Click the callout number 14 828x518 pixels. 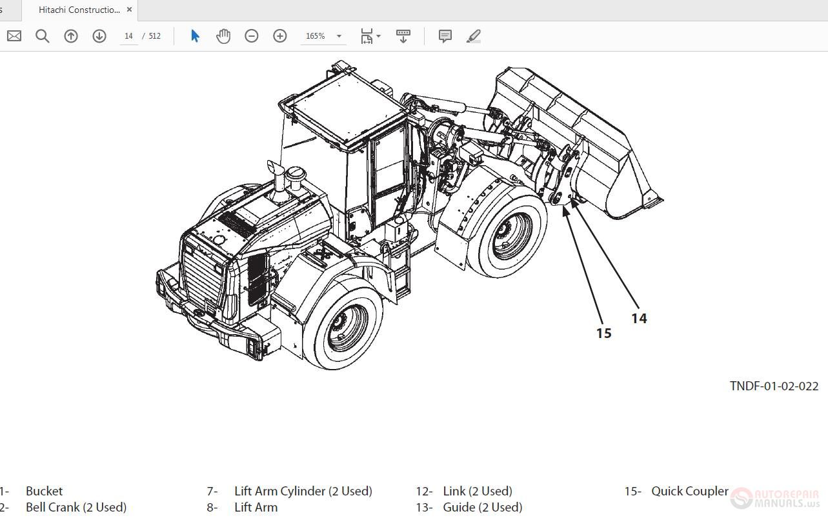click(x=639, y=318)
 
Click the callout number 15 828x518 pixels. click(x=603, y=333)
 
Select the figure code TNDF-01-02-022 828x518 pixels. click(x=774, y=386)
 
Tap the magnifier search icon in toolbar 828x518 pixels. click(x=43, y=36)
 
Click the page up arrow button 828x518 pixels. click(x=71, y=36)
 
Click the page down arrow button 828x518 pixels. click(x=99, y=36)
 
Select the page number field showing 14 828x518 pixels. click(x=128, y=36)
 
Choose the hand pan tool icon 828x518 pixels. click(x=223, y=36)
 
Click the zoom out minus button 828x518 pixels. click(x=252, y=36)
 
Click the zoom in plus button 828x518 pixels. click(x=280, y=36)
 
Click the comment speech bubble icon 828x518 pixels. click(x=445, y=36)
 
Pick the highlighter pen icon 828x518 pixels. click(x=474, y=36)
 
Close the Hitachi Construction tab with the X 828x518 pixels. click(x=129, y=10)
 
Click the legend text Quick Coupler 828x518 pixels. click(x=689, y=491)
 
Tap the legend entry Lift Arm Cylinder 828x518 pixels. click(x=303, y=491)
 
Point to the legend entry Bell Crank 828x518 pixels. click(x=76, y=507)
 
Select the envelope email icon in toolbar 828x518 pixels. click(x=14, y=36)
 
